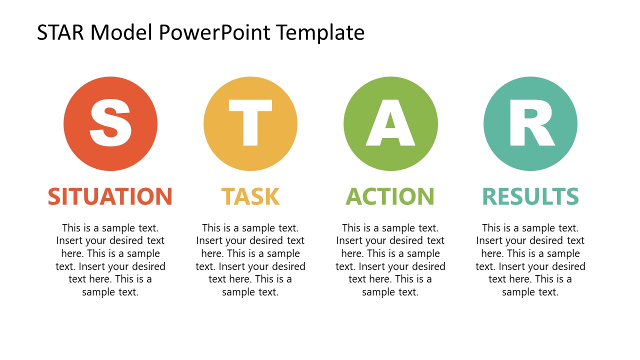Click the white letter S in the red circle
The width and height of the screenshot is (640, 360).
click(x=110, y=122)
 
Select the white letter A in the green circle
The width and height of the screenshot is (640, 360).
click(x=390, y=122)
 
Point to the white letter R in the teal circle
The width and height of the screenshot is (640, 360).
click(x=530, y=122)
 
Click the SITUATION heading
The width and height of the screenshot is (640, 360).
click(x=110, y=196)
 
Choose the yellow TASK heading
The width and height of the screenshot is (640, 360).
click(x=250, y=196)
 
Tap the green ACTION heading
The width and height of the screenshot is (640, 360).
click(x=390, y=196)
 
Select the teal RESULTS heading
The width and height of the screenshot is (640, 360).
click(x=530, y=196)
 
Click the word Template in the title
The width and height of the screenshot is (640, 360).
click(x=320, y=33)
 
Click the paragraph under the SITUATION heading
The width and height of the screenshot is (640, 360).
click(x=110, y=260)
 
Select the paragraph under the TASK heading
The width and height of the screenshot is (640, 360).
click(x=250, y=260)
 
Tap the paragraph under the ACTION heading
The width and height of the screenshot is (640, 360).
click(x=390, y=260)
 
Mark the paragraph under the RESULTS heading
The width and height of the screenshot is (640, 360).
click(x=530, y=260)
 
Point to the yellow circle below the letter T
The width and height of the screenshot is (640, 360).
click(x=250, y=159)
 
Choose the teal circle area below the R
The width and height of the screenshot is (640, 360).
click(x=530, y=159)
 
